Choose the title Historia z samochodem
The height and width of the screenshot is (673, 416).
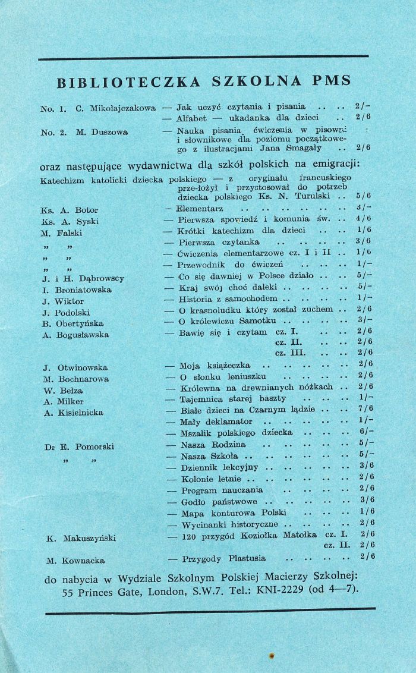(x=229, y=298)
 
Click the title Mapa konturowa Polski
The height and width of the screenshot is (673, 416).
(x=234, y=511)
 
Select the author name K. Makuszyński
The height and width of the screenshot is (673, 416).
(x=81, y=539)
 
